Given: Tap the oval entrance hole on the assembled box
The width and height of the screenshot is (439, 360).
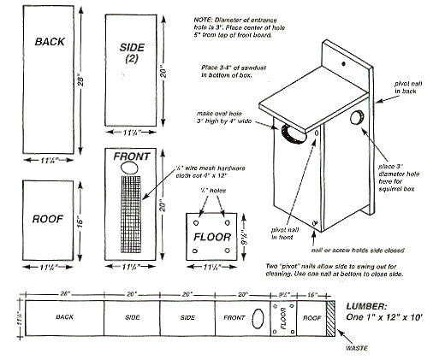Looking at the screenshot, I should pyautogui.click(x=292, y=131).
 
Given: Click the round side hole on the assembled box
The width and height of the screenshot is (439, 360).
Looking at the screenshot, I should pyautogui.click(x=356, y=118).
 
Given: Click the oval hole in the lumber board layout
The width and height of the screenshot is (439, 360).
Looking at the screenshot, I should pyautogui.click(x=257, y=318).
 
